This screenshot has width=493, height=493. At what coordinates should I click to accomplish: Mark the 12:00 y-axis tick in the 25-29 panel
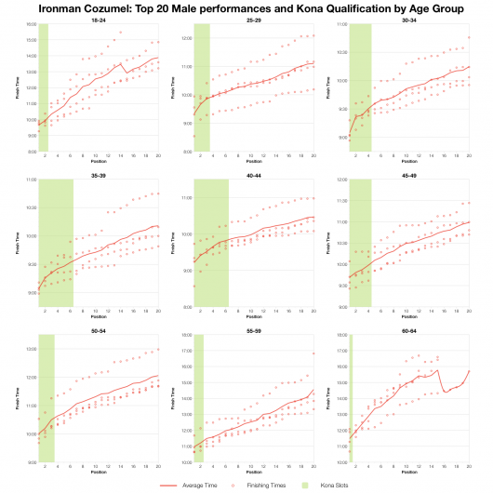point(186,39)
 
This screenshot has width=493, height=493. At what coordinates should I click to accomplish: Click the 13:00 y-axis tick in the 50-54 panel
point(31,349)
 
